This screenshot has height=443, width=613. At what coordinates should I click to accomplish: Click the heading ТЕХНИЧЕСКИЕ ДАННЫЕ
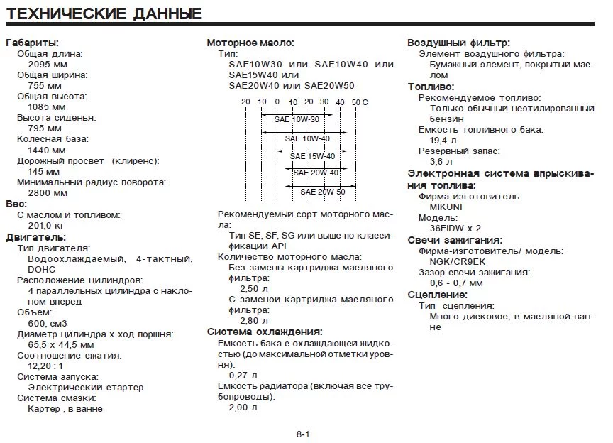104,14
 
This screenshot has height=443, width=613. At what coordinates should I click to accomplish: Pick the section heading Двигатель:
35,236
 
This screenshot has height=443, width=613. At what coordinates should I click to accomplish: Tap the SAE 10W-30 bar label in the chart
297,119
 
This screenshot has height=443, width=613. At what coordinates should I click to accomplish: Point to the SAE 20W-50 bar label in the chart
322,192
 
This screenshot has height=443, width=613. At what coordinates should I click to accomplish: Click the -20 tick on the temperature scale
245,102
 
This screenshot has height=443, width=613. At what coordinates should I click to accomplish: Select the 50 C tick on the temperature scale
359,102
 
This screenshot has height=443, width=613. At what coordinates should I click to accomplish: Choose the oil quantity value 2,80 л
243,321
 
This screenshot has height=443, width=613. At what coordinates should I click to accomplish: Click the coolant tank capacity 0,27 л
243,374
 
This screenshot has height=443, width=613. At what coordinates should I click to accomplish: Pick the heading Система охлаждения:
264,332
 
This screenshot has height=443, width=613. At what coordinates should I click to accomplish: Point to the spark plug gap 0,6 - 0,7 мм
460,283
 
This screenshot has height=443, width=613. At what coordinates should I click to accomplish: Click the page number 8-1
304,434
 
